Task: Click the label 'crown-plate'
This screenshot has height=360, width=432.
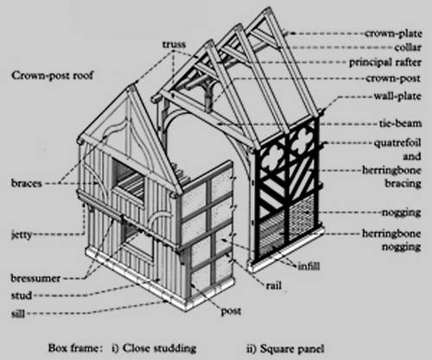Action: tap(393, 34)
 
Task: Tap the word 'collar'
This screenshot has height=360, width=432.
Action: tap(408, 47)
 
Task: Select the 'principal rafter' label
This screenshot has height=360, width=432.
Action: tap(385, 62)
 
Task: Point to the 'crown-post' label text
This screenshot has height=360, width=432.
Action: tap(393, 79)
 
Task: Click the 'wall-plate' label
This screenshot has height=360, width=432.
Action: tap(397, 96)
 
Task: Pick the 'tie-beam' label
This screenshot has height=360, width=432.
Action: tap(400, 123)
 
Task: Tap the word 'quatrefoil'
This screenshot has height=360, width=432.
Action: tap(397, 142)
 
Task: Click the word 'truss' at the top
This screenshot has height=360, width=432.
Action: tap(174, 44)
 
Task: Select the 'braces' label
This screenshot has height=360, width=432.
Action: tap(27, 183)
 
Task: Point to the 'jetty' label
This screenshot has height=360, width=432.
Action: tap(22, 235)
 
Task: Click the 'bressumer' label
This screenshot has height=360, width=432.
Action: tap(35, 278)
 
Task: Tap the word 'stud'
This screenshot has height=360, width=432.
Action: tap(22, 295)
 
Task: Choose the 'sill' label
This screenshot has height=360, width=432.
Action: tap(18, 313)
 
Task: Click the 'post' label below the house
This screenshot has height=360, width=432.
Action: tap(231, 312)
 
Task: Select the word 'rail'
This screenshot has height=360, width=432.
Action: tap(274, 286)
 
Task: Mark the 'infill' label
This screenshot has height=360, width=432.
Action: tap(308, 266)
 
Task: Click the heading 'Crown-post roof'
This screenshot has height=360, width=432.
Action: tap(53, 75)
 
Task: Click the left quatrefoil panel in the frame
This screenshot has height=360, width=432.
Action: tap(272, 157)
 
